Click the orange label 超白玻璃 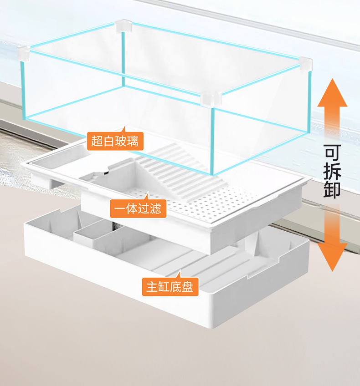(x=115, y=141)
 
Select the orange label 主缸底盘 (x=170, y=286)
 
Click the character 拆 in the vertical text (x=332, y=172)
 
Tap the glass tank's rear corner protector (x=122, y=26)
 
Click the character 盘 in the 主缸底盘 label (x=187, y=287)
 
